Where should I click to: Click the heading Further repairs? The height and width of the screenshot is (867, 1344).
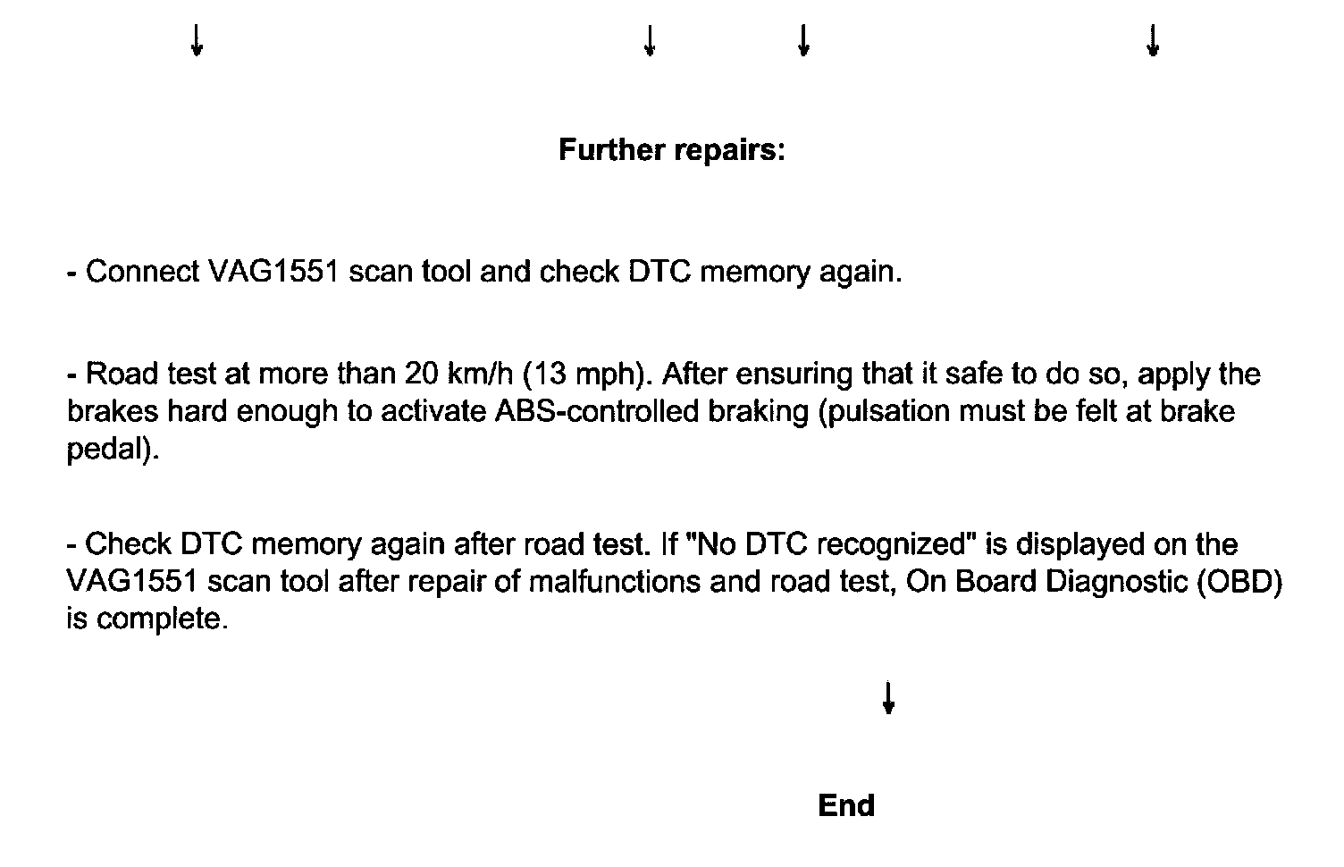pyautogui.click(x=671, y=150)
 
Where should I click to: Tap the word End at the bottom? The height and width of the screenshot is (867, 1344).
pyautogui.click(x=845, y=806)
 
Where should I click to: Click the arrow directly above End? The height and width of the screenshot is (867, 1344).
pyautogui.click(x=887, y=698)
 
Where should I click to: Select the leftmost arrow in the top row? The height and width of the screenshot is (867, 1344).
pyautogui.click(x=197, y=40)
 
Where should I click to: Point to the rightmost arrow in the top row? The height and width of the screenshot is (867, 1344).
pyautogui.click(x=1152, y=40)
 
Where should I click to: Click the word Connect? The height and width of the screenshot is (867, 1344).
pyautogui.click(x=142, y=272)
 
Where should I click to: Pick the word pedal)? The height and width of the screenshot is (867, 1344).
pyautogui.click(x=113, y=450)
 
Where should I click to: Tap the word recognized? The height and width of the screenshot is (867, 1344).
pyautogui.click(x=888, y=544)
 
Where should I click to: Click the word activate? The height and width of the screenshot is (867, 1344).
pyautogui.click(x=433, y=412)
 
